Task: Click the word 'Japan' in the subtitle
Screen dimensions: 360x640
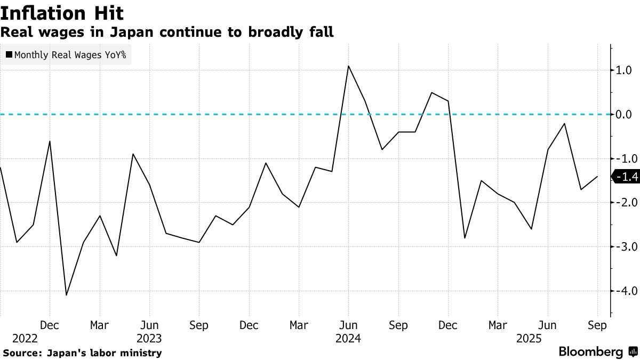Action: [131, 32]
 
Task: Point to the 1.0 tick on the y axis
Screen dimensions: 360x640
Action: [625, 70]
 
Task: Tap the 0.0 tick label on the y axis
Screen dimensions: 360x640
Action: [625, 114]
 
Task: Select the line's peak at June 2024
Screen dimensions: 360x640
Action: [348, 66]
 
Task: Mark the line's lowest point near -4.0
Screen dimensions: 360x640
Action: [67, 295]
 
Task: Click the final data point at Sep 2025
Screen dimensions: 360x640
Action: [597, 177]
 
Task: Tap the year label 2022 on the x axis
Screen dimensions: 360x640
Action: [25, 339]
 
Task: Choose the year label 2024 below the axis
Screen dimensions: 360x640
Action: [348, 339]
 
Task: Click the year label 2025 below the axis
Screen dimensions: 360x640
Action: [529, 339]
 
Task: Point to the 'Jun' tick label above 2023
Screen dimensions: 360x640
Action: [149, 325]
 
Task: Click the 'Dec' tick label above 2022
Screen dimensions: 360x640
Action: [50, 325]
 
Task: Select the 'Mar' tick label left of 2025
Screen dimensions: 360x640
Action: [498, 325]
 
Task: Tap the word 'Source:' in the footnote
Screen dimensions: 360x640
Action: [22, 353]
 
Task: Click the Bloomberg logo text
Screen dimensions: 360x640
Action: [590, 352]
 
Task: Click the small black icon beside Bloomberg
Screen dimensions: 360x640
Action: [633, 352]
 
